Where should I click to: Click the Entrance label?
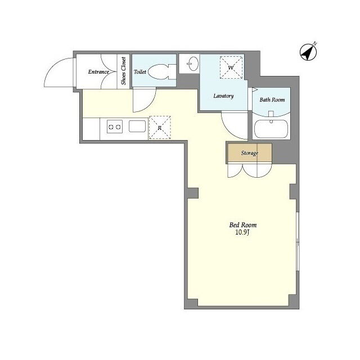point(98,72)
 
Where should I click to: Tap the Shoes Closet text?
point(124,71)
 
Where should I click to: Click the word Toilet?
point(140,72)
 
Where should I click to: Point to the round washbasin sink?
point(192,64)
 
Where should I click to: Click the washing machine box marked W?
point(231,67)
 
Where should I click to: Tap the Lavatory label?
point(223,96)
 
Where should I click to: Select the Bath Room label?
point(272,100)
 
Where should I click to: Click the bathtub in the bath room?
point(271,129)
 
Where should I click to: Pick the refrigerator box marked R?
point(160,128)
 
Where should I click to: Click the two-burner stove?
point(115,127)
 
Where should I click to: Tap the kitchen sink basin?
point(137,126)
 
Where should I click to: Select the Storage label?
point(250,153)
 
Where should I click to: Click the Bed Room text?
point(243,225)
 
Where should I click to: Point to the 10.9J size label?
point(242,232)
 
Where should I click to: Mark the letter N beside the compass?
point(315,43)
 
